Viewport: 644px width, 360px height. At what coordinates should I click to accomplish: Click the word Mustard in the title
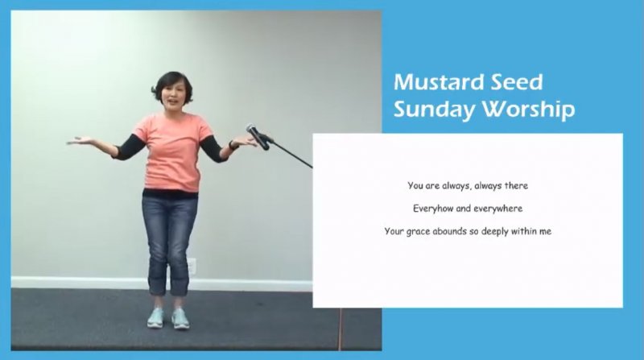click(x=433, y=82)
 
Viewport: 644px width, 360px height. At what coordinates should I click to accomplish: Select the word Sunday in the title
click(x=434, y=110)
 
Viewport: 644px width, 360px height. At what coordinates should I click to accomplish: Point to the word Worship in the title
click(x=528, y=110)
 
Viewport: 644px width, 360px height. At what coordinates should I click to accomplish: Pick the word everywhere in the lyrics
click(x=497, y=209)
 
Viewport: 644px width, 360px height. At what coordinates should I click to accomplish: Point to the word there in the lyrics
click(x=516, y=186)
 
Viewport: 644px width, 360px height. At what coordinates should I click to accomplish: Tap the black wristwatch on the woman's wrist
click(x=233, y=145)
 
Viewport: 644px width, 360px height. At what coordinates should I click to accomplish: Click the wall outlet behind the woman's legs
click(x=192, y=267)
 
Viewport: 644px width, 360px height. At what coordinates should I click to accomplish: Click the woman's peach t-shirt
click(x=171, y=152)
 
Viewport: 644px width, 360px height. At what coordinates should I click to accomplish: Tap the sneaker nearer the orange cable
click(x=180, y=318)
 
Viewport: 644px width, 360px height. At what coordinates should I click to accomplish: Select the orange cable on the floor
click(x=340, y=329)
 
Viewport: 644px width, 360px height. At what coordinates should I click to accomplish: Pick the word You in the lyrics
click(x=415, y=186)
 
